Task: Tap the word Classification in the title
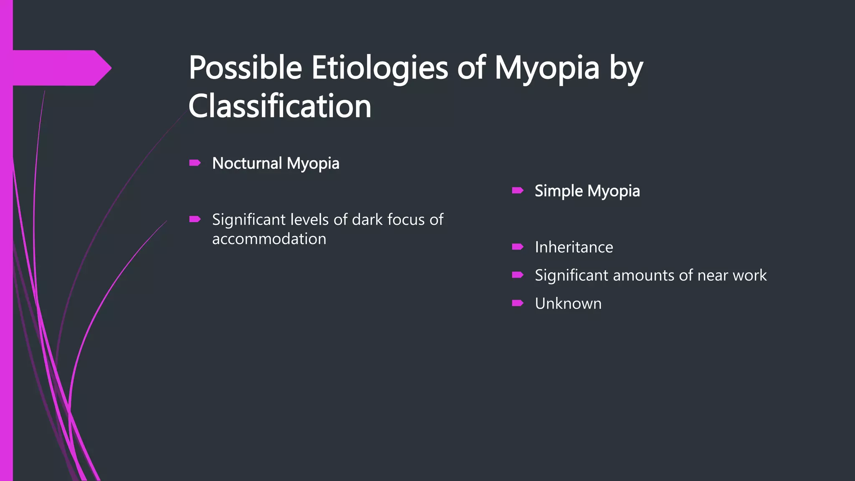pyautogui.click(x=280, y=106)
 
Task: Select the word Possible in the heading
pyautogui.click(x=245, y=68)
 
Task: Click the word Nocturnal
pyautogui.click(x=247, y=163)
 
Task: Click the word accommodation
pyautogui.click(x=269, y=239)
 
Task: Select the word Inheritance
pyautogui.click(x=574, y=247)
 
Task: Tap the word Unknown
pyautogui.click(x=568, y=304)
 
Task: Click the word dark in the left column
pyautogui.click(x=368, y=220)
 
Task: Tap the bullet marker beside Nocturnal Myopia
pyautogui.click(x=195, y=163)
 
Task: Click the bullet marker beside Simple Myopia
pyautogui.click(x=518, y=191)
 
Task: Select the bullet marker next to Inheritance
pyautogui.click(x=518, y=247)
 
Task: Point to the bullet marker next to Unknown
pyautogui.click(x=518, y=303)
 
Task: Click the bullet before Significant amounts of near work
pyautogui.click(x=518, y=275)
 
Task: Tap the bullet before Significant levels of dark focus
pyautogui.click(x=195, y=219)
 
